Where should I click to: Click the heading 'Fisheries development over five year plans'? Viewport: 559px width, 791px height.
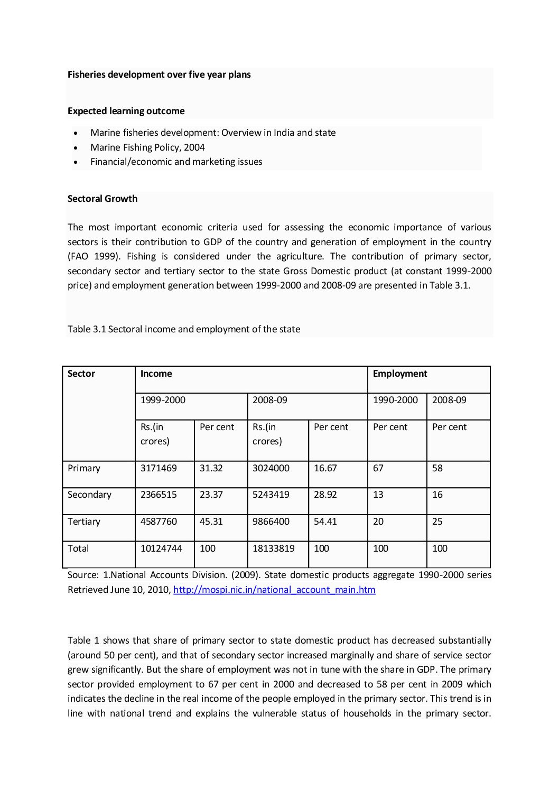pos(159,75)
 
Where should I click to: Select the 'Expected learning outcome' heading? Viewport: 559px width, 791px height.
pos(126,111)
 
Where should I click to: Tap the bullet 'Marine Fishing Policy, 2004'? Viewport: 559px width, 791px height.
pos(147,147)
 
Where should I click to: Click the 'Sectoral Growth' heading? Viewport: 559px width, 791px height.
pos(103,199)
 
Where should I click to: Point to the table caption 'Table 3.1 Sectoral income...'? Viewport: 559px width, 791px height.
pos(184,329)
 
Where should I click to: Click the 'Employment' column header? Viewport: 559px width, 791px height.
pos(399,374)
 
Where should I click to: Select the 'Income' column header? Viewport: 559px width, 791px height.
pos(156,374)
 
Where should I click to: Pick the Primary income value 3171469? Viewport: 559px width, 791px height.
pos(159,468)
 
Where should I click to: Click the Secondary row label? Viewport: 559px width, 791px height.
pos(89,495)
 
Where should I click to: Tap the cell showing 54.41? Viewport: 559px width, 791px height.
pos(325,522)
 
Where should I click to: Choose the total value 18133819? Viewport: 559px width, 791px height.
pos(273,548)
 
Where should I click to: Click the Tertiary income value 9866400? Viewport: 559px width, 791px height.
pos(271,522)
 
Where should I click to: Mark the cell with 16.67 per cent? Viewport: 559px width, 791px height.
pos(325,468)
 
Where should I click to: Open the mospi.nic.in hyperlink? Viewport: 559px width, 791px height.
pos(274,590)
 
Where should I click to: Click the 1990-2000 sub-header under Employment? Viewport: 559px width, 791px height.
pos(395,400)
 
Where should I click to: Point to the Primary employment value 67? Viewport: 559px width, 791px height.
pos(378,468)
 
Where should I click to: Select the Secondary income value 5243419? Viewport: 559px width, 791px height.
pos(271,495)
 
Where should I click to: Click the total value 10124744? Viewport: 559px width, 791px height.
pos(161,548)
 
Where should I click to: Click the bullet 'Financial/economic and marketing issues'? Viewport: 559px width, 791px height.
pos(176,162)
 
